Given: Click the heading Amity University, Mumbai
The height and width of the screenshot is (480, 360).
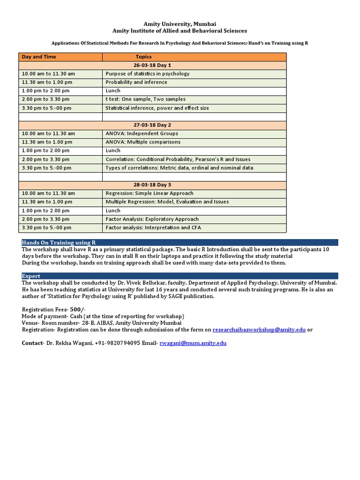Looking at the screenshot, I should [180, 23].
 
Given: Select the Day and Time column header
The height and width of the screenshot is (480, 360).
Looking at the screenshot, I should [39, 57].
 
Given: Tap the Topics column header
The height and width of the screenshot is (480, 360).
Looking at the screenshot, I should [143, 57].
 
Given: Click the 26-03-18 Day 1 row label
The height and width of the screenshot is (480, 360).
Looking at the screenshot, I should [152, 65].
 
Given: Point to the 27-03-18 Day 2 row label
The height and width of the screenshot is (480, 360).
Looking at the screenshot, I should [152, 125].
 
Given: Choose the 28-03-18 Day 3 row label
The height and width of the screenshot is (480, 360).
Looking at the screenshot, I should [152, 185].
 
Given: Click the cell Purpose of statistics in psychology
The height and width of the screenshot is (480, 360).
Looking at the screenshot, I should [148, 74].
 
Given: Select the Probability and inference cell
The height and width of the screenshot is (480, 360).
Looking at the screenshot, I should [136, 82].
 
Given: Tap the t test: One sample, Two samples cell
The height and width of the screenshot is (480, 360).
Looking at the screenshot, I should [145, 99].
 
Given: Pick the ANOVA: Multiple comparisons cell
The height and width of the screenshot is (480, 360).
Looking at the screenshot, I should [143, 142].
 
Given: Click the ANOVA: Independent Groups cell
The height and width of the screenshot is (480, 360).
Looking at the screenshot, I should [142, 134].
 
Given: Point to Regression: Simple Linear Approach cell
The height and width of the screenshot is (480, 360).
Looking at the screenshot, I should [150, 193].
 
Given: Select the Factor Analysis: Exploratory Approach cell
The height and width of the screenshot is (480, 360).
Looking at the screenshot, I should [152, 219].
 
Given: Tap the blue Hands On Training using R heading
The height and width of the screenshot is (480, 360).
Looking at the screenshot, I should [59, 242].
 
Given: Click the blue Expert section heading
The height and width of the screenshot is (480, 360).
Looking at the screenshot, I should [31, 276].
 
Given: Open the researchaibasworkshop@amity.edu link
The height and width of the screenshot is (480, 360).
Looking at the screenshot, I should [259, 330].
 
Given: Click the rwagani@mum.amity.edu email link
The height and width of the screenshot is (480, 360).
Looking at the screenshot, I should [193, 343].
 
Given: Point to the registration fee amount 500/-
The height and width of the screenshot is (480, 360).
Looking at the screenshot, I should [78, 309].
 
